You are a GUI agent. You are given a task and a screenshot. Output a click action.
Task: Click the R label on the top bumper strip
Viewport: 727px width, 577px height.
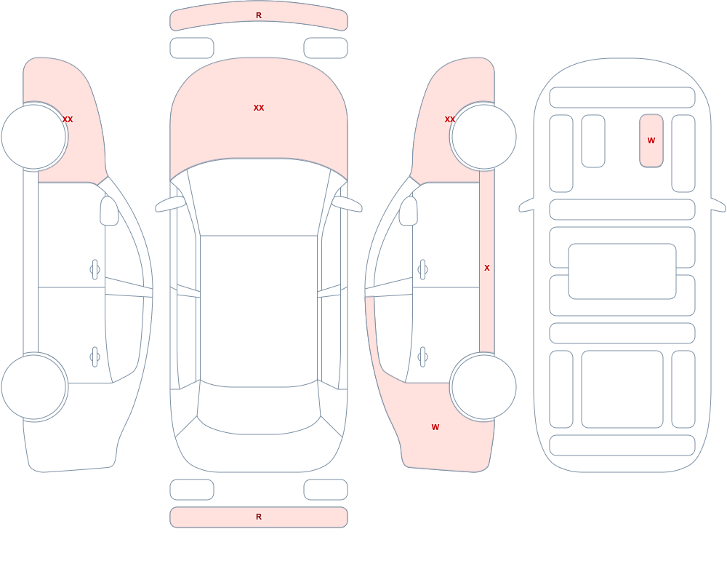point(259,15)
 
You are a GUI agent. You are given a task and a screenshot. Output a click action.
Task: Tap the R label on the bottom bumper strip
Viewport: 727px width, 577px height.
point(259,517)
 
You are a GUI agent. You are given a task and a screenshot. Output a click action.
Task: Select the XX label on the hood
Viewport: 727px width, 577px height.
point(259,108)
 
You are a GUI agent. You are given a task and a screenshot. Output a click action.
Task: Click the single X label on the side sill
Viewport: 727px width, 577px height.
point(487,268)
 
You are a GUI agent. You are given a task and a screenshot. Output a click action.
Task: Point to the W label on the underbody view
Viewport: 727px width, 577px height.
point(651,140)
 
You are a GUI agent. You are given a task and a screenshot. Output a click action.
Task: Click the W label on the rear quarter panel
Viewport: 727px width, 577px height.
point(435,427)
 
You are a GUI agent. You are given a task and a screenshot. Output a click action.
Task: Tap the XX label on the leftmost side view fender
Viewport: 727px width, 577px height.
point(68,119)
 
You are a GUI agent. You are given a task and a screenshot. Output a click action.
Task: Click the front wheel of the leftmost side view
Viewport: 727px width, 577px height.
point(34,137)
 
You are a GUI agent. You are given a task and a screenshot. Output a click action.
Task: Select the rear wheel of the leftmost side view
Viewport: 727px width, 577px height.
point(34,386)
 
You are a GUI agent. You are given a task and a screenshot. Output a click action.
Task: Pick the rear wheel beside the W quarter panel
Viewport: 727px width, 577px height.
point(483,386)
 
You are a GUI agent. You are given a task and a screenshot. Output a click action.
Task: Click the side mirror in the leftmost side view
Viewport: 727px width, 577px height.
point(110,211)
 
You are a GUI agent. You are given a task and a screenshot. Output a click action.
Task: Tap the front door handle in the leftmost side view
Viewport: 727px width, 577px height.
point(95,269)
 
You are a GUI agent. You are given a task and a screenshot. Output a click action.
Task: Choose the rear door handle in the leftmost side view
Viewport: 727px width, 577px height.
point(95,357)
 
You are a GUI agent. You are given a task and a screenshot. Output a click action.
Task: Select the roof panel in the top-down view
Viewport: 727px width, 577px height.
point(259,311)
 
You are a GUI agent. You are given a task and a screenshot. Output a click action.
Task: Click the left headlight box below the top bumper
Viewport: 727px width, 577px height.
point(192,48)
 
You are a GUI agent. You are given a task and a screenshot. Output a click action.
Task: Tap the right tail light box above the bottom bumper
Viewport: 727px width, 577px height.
point(326,490)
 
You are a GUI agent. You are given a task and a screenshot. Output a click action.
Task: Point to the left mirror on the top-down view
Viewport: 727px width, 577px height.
point(169,204)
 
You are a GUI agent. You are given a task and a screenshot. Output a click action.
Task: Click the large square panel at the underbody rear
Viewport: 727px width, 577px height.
point(622,389)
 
